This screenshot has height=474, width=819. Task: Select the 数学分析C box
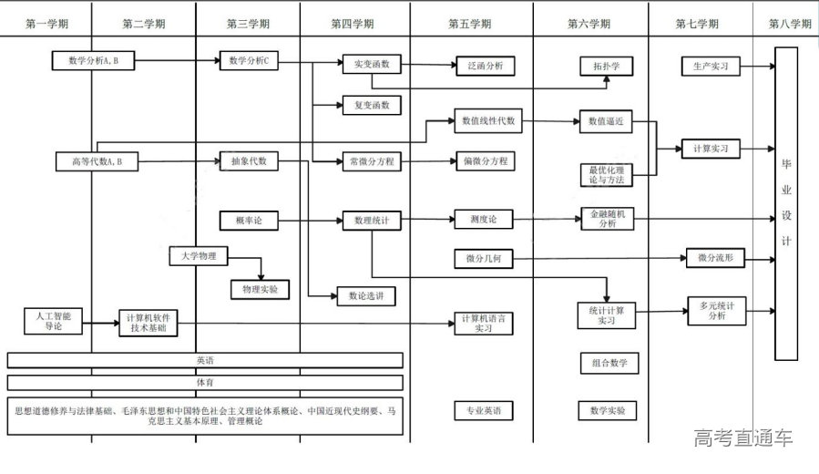click(248, 61)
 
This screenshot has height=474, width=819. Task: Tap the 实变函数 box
click(371, 65)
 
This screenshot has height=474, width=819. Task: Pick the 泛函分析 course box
click(486, 66)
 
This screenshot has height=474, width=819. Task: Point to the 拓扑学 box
click(606, 66)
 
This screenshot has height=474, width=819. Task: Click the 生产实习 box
click(711, 66)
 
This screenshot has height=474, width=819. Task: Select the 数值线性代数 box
click(488, 119)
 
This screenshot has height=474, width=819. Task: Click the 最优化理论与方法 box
click(606, 175)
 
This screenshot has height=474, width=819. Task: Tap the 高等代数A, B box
click(96, 161)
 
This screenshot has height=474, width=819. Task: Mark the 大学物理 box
click(199, 257)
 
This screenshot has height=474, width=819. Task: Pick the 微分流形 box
click(715, 259)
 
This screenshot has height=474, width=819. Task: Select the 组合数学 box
click(609, 364)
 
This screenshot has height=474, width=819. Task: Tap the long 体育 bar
click(205, 383)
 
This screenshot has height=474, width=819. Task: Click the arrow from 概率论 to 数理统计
click(308, 220)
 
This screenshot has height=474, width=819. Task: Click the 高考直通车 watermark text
click(742, 438)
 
